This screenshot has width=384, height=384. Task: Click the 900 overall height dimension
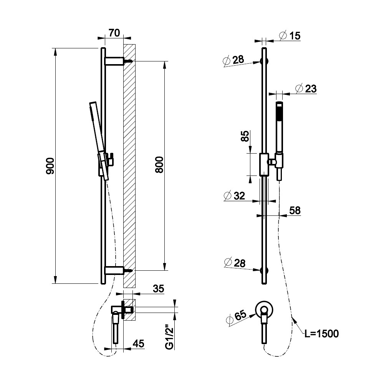click(50, 166)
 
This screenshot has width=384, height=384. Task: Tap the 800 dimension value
click(159, 165)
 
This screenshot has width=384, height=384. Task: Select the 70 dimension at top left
click(114, 33)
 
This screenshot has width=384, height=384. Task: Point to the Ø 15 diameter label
click(290, 36)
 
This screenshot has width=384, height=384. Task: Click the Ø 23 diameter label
click(306, 88)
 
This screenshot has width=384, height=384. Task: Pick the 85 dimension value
click(245, 136)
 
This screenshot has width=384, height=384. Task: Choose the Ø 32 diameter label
click(234, 196)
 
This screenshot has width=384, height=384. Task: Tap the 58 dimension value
click(295, 210)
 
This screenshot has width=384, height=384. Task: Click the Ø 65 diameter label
click(236, 318)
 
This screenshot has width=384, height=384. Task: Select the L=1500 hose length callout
click(321, 334)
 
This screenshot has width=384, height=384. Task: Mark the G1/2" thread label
click(169, 337)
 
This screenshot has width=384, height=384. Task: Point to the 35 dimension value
click(158, 289)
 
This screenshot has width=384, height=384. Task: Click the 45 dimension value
click(138, 344)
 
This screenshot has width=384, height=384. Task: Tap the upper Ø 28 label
click(233, 60)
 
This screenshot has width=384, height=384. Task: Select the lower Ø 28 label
click(235, 263)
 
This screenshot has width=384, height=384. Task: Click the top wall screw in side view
click(129, 61)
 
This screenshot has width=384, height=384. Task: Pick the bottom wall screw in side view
click(129, 271)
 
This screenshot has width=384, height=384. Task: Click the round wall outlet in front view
click(264, 310)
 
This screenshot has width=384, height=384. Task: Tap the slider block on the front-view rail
click(264, 165)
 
